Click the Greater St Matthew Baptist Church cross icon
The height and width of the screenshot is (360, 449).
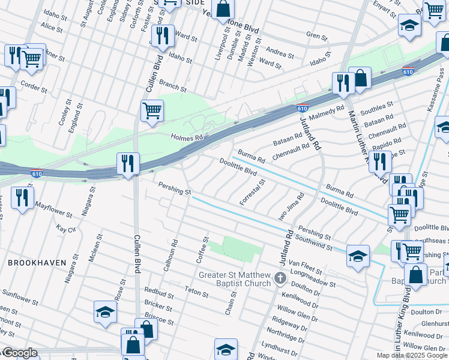click(x=280, y=278)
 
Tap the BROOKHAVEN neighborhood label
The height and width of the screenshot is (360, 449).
click(x=33, y=263)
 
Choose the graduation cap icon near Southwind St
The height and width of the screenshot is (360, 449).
click(x=358, y=256)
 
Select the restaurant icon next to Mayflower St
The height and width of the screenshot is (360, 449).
click(x=22, y=197)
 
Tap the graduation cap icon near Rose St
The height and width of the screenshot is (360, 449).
click(x=105, y=312)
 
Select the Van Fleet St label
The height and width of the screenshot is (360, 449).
click(x=302, y=263)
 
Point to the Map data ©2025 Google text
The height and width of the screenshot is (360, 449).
click(x=412, y=355)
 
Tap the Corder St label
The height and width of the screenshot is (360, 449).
click(x=34, y=88)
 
